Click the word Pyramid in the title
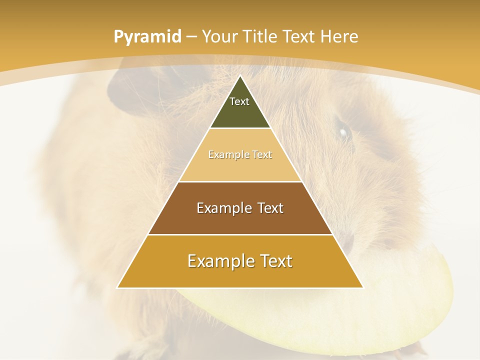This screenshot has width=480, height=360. [147, 37]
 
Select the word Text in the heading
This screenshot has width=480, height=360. [299, 37]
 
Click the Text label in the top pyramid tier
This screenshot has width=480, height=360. [239, 101]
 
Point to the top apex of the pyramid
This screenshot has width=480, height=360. [240, 76]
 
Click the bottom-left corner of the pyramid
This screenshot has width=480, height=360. [118, 287]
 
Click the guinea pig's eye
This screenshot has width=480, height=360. [343, 132]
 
